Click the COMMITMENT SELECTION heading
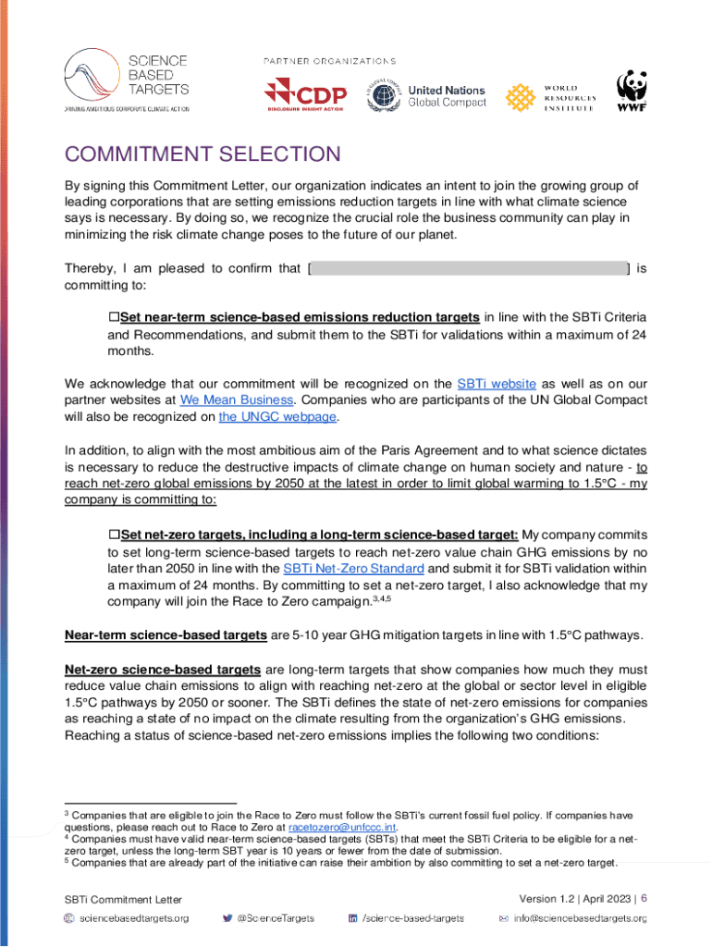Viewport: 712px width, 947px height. pyautogui.click(x=203, y=154)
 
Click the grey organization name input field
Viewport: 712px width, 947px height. pyautogui.click(x=468, y=269)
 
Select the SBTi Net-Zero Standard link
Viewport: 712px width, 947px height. pyautogui.click(x=366, y=568)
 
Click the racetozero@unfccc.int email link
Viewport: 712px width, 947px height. pyautogui.click(x=342, y=828)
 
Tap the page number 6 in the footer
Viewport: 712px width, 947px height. pyautogui.click(x=644, y=898)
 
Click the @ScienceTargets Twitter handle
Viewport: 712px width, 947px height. pyautogui.click(x=275, y=918)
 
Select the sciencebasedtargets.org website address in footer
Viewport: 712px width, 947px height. pyautogui.click(x=134, y=918)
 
